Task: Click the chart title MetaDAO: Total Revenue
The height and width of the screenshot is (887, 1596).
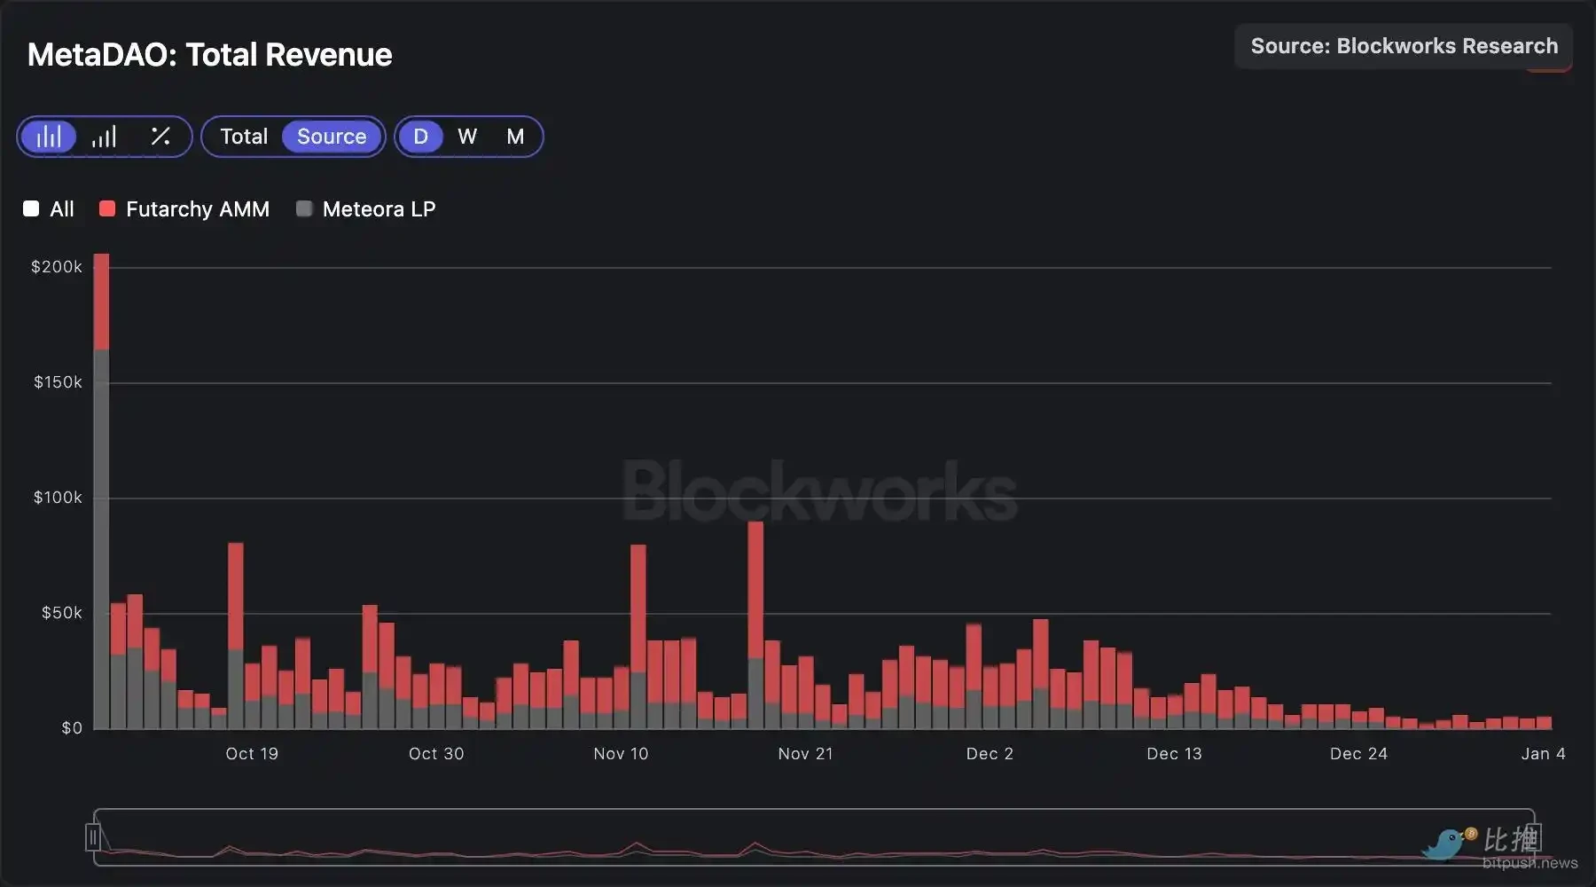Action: (209, 55)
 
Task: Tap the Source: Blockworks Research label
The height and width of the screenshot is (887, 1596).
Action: (1404, 46)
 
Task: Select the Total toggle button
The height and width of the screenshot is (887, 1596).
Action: (244, 137)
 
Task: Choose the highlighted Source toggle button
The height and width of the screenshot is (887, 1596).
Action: (332, 137)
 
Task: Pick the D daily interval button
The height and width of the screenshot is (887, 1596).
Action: (420, 137)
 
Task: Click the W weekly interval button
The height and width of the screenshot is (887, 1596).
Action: (467, 137)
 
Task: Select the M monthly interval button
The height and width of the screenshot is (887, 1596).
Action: (515, 137)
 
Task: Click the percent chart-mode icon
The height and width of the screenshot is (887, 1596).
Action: (160, 137)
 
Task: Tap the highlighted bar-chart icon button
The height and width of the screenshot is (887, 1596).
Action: (49, 137)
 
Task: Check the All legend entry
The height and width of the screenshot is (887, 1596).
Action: (50, 209)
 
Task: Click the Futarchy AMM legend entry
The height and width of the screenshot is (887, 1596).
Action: (184, 209)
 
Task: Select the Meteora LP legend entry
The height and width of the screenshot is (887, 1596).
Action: (366, 209)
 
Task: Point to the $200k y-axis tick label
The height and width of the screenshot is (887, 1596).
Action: (57, 267)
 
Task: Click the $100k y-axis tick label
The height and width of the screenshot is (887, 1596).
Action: (58, 498)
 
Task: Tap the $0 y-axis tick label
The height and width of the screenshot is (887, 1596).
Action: (72, 728)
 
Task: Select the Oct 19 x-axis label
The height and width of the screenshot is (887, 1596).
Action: (252, 754)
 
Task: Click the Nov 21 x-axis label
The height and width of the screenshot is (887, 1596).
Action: (805, 754)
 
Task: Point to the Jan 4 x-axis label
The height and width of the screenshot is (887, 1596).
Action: (1543, 754)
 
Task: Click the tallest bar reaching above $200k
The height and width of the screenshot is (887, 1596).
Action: (101, 488)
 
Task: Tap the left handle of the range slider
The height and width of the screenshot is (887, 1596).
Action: (93, 836)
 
